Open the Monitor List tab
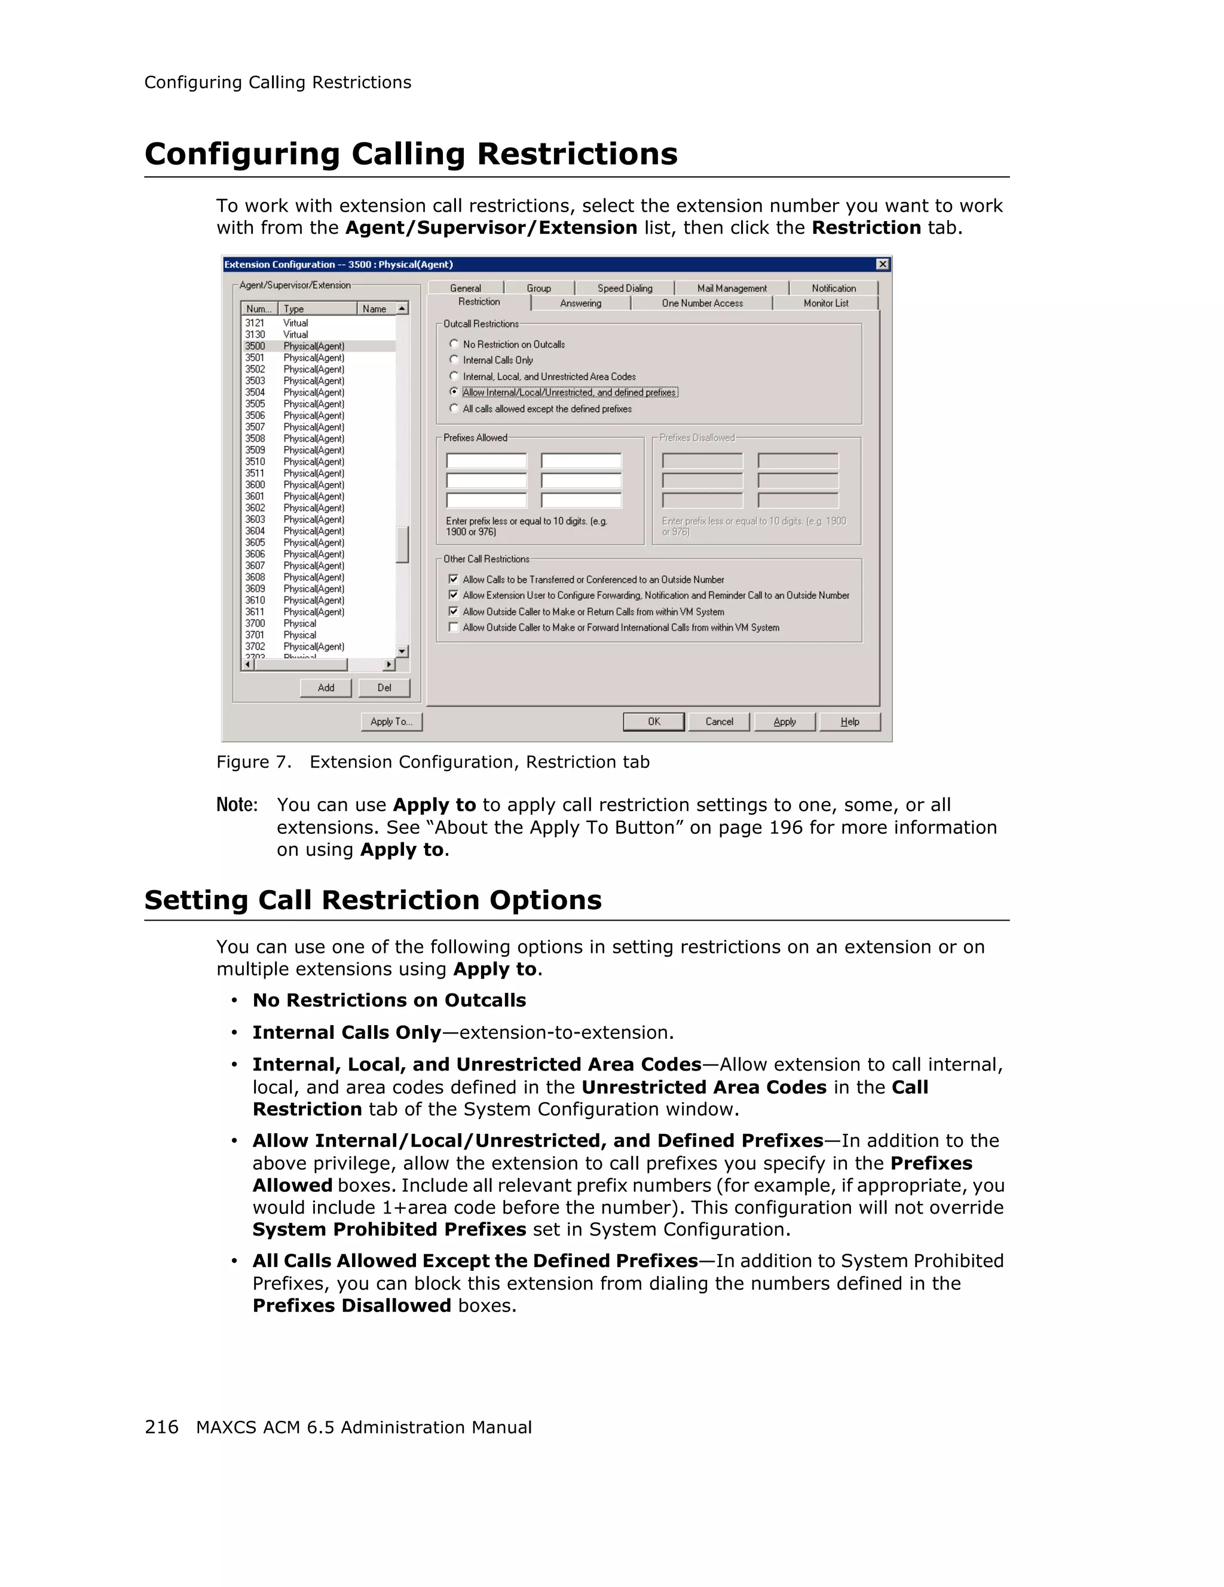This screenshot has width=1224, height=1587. (825, 303)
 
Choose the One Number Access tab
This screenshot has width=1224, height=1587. (702, 303)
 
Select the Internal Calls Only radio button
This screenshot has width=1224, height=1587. (455, 360)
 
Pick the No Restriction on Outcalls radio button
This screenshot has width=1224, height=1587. (455, 344)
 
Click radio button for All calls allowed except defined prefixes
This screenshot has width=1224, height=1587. (455, 408)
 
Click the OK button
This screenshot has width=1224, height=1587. (653, 721)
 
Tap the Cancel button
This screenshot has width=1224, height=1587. (718, 721)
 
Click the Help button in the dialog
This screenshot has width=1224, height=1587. (849, 721)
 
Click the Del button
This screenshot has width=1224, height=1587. (384, 687)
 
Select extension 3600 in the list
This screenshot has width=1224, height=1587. (255, 485)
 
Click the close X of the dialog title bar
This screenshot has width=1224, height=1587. (883, 264)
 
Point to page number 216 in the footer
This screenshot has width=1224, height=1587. (161, 1427)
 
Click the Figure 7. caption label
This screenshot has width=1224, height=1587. (253, 762)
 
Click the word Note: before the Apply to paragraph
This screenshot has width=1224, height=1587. (237, 805)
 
